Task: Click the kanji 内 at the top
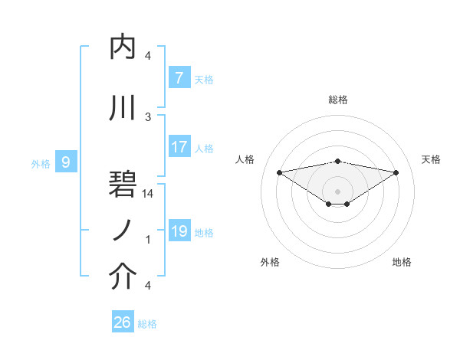[x=123, y=47]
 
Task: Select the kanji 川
[x=123, y=108]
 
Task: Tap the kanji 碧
[x=123, y=185]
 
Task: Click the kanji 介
[x=123, y=277]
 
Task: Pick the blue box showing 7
[x=179, y=78]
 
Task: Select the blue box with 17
[x=179, y=147]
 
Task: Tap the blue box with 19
[x=179, y=231]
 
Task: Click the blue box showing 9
[x=66, y=162]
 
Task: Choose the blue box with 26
[x=122, y=322]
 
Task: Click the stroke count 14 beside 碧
[x=148, y=194]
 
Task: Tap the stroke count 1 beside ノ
[x=148, y=240]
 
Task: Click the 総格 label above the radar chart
[x=337, y=100]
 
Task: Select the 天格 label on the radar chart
[x=431, y=159]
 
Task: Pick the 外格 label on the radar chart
[x=270, y=262]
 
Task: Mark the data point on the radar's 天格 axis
[x=396, y=172]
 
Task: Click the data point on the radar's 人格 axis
[x=279, y=172]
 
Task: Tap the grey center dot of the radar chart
[x=337, y=190]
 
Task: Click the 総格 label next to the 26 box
[x=147, y=324]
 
